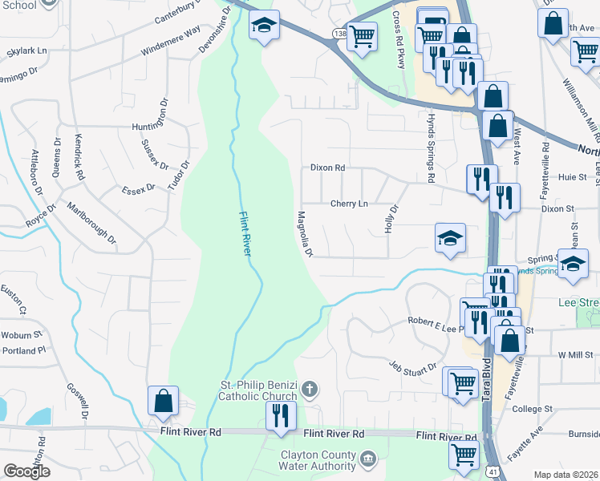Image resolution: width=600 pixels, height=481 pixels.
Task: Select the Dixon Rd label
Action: (x=327, y=168)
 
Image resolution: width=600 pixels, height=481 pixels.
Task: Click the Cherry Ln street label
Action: (x=350, y=204)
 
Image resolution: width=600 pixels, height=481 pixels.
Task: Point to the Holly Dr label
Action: (x=393, y=218)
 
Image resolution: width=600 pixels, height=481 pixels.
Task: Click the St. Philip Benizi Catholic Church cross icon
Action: (x=310, y=391)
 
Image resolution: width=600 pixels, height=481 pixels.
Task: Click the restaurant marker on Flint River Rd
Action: (x=281, y=415)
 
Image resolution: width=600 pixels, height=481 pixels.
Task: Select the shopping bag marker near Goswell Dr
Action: (x=163, y=400)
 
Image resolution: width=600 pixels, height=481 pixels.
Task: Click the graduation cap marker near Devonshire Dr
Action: (x=263, y=25)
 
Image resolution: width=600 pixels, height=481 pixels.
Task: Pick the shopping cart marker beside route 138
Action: (x=362, y=34)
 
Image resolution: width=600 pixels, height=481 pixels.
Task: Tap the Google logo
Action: (x=26, y=471)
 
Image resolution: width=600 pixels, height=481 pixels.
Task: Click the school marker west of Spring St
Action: (x=450, y=237)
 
